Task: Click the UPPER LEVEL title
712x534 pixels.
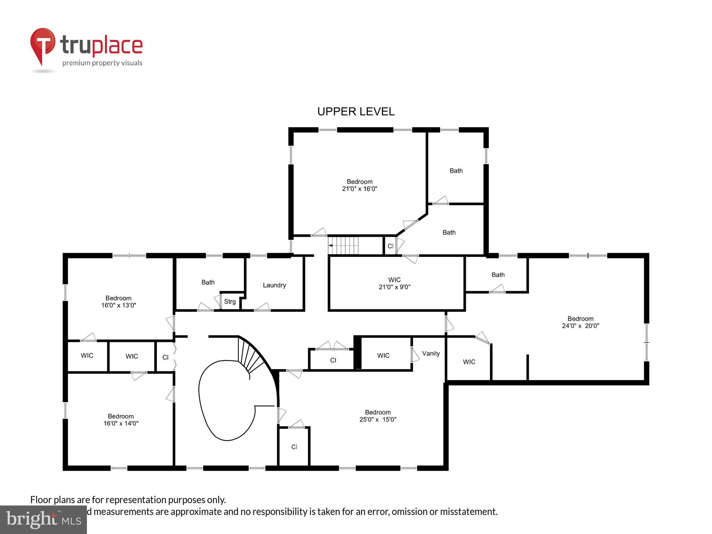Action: (356, 112)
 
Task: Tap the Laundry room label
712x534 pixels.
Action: (274, 285)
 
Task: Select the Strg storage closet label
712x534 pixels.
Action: (230, 301)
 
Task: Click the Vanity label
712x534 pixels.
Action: (431, 353)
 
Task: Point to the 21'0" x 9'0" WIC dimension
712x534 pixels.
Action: (394, 287)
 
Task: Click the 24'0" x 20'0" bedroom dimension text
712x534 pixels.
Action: (580, 326)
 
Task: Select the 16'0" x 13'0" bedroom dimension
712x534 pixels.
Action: (119, 305)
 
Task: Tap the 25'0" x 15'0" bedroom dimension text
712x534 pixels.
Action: (378, 419)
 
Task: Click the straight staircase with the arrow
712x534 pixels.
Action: (343, 245)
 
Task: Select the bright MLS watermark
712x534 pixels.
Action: (43, 519)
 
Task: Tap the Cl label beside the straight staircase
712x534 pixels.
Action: (390, 246)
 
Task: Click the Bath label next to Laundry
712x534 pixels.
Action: (208, 282)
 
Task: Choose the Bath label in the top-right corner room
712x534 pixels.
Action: (456, 171)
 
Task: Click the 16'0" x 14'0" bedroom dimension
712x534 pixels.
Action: (121, 423)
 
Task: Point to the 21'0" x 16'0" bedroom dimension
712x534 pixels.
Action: (359, 189)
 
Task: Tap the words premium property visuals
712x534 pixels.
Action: (102, 63)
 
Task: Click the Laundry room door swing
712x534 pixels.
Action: (263, 307)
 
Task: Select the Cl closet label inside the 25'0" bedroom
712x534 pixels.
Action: (294, 447)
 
